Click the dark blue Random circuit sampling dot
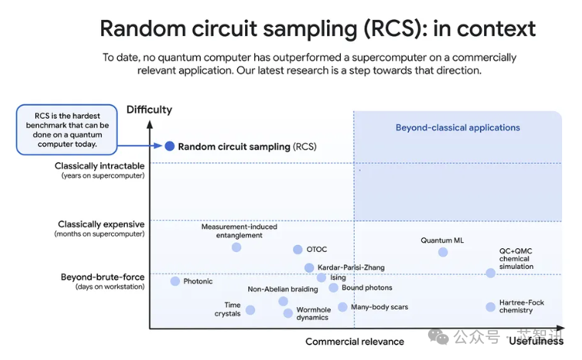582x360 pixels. click(170, 146)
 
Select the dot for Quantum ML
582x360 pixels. click(443, 252)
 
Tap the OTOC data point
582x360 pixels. click(298, 250)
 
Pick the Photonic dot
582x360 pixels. click(175, 281)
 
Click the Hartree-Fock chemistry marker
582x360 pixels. click(491, 307)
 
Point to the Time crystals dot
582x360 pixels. click(250, 310)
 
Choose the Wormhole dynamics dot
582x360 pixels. click(288, 313)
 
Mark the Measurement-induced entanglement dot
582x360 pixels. click(237, 247)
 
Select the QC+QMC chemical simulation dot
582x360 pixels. click(491, 273)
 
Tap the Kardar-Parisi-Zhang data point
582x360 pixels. click(309, 267)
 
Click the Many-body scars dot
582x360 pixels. click(342, 307)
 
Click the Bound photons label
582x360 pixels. click(367, 288)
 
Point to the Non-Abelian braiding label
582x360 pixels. click(283, 289)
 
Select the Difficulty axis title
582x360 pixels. click(149, 110)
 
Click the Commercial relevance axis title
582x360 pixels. click(355, 342)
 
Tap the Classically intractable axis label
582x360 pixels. click(100, 166)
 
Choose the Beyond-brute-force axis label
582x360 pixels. click(103, 277)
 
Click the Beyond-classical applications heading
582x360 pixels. click(458, 128)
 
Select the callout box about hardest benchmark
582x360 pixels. click(67, 129)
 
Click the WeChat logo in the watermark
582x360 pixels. click(438, 336)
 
